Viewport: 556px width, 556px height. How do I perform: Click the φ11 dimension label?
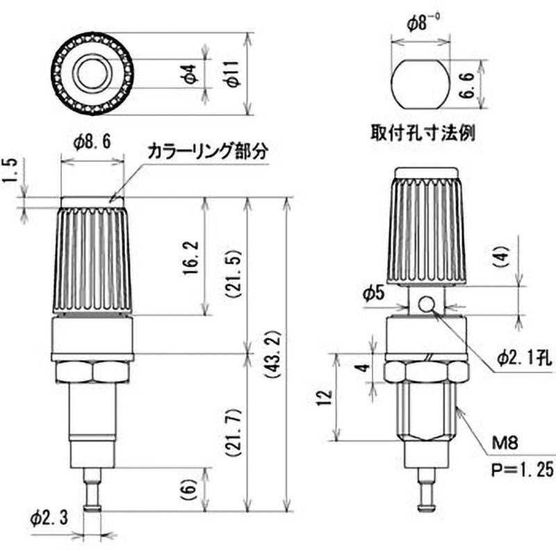coord(234,73)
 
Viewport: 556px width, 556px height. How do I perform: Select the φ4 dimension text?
coord(194,73)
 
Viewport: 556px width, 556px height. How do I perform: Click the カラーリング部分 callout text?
coord(206,152)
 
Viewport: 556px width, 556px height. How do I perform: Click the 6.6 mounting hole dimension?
coord(468,82)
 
